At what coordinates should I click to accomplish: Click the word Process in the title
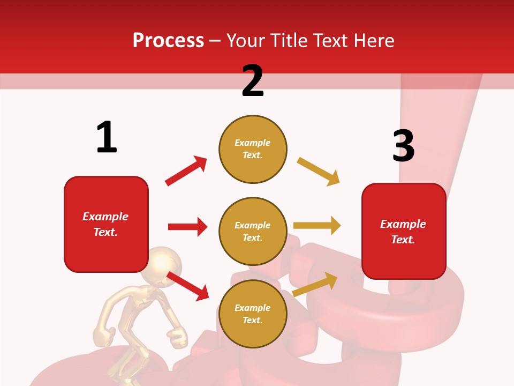pyautogui.click(x=168, y=41)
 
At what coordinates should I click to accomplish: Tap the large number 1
pyautogui.click(x=107, y=137)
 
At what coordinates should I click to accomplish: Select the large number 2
pyautogui.click(x=253, y=81)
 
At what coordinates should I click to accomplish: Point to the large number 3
pyautogui.click(x=403, y=146)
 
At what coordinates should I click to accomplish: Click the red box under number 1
pyautogui.click(x=106, y=224)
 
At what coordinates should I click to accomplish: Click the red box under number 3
pyautogui.click(x=404, y=232)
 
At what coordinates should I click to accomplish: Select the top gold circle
pyautogui.click(x=253, y=149)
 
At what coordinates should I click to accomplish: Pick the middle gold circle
pyautogui.click(x=253, y=232)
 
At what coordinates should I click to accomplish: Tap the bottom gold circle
pyautogui.click(x=253, y=314)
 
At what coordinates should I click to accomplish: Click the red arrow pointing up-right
pyautogui.click(x=186, y=171)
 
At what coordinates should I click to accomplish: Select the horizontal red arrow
pyautogui.click(x=187, y=227)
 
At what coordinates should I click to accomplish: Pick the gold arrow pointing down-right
pyautogui.click(x=319, y=172)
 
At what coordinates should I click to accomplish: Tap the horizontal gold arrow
pyautogui.click(x=317, y=226)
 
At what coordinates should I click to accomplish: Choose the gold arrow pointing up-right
pyautogui.click(x=315, y=284)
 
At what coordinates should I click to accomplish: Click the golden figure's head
pyautogui.click(x=165, y=264)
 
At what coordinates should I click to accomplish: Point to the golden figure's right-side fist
pyautogui.click(x=178, y=337)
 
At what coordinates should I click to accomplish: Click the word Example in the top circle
pyautogui.click(x=253, y=143)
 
